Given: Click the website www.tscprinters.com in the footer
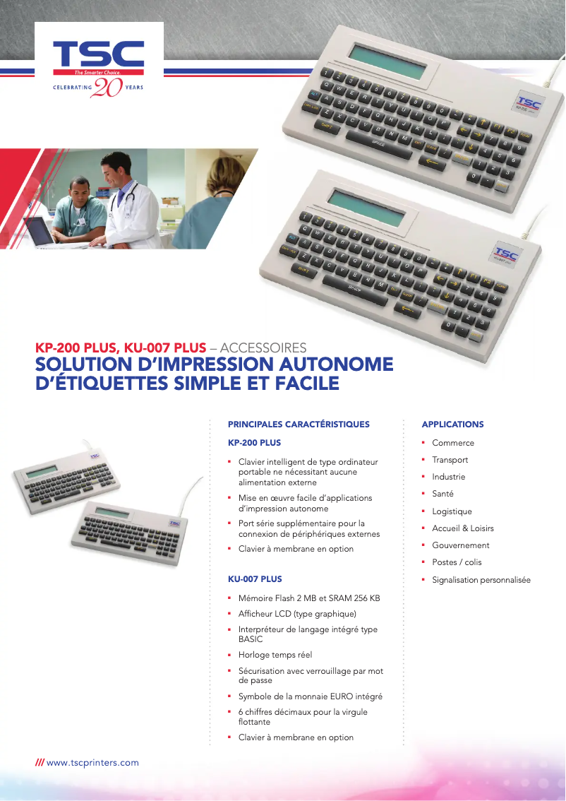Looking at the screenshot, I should (x=92, y=763).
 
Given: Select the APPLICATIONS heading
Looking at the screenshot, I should (x=452, y=425).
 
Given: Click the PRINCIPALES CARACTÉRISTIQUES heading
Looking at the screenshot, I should (x=299, y=425).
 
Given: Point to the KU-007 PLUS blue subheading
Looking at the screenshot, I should (x=255, y=578).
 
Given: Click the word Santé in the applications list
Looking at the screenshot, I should (x=442, y=494).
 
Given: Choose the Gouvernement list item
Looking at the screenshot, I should (x=460, y=545).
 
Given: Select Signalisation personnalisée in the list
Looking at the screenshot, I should (x=481, y=580).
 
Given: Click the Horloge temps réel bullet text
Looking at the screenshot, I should (x=275, y=655).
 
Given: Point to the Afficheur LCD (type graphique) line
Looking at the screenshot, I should (x=297, y=614).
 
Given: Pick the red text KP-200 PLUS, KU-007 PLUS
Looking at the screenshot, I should (x=121, y=348).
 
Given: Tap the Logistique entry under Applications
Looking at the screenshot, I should (x=452, y=511).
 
